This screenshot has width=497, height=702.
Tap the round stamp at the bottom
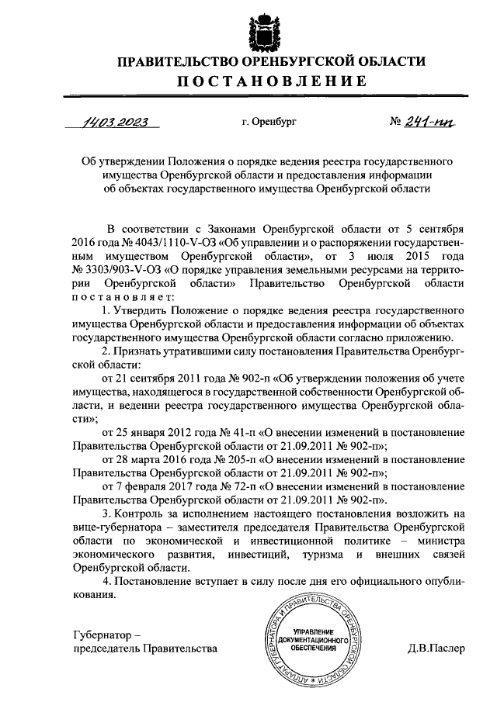(313, 640)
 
